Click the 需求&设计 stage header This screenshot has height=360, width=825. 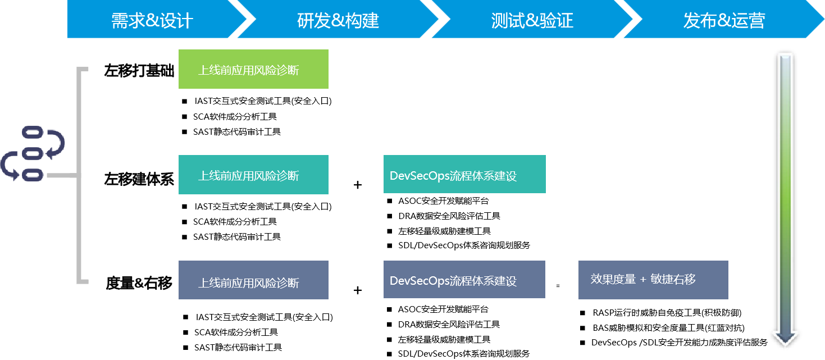[152, 21]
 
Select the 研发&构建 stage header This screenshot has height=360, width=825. [338, 21]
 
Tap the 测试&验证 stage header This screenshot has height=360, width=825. [532, 21]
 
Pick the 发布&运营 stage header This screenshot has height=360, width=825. [724, 21]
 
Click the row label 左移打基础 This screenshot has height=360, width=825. [139, 71]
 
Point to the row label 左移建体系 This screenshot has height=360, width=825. [139, 179]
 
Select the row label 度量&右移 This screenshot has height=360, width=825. [139, 283]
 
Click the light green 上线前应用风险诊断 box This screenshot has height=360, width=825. [253, 69]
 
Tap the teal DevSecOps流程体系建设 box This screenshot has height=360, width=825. [464, 175]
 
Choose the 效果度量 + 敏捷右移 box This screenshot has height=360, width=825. [653, 280]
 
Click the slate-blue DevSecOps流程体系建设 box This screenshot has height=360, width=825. [464, 280]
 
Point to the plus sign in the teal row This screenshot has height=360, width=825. [358, 185]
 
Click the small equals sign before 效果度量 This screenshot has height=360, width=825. [558, 286]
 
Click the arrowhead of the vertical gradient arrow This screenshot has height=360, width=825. [785, 337]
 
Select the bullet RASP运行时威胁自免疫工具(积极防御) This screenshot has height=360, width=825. [671, 313]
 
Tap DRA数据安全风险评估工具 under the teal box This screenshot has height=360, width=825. [449, 216]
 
